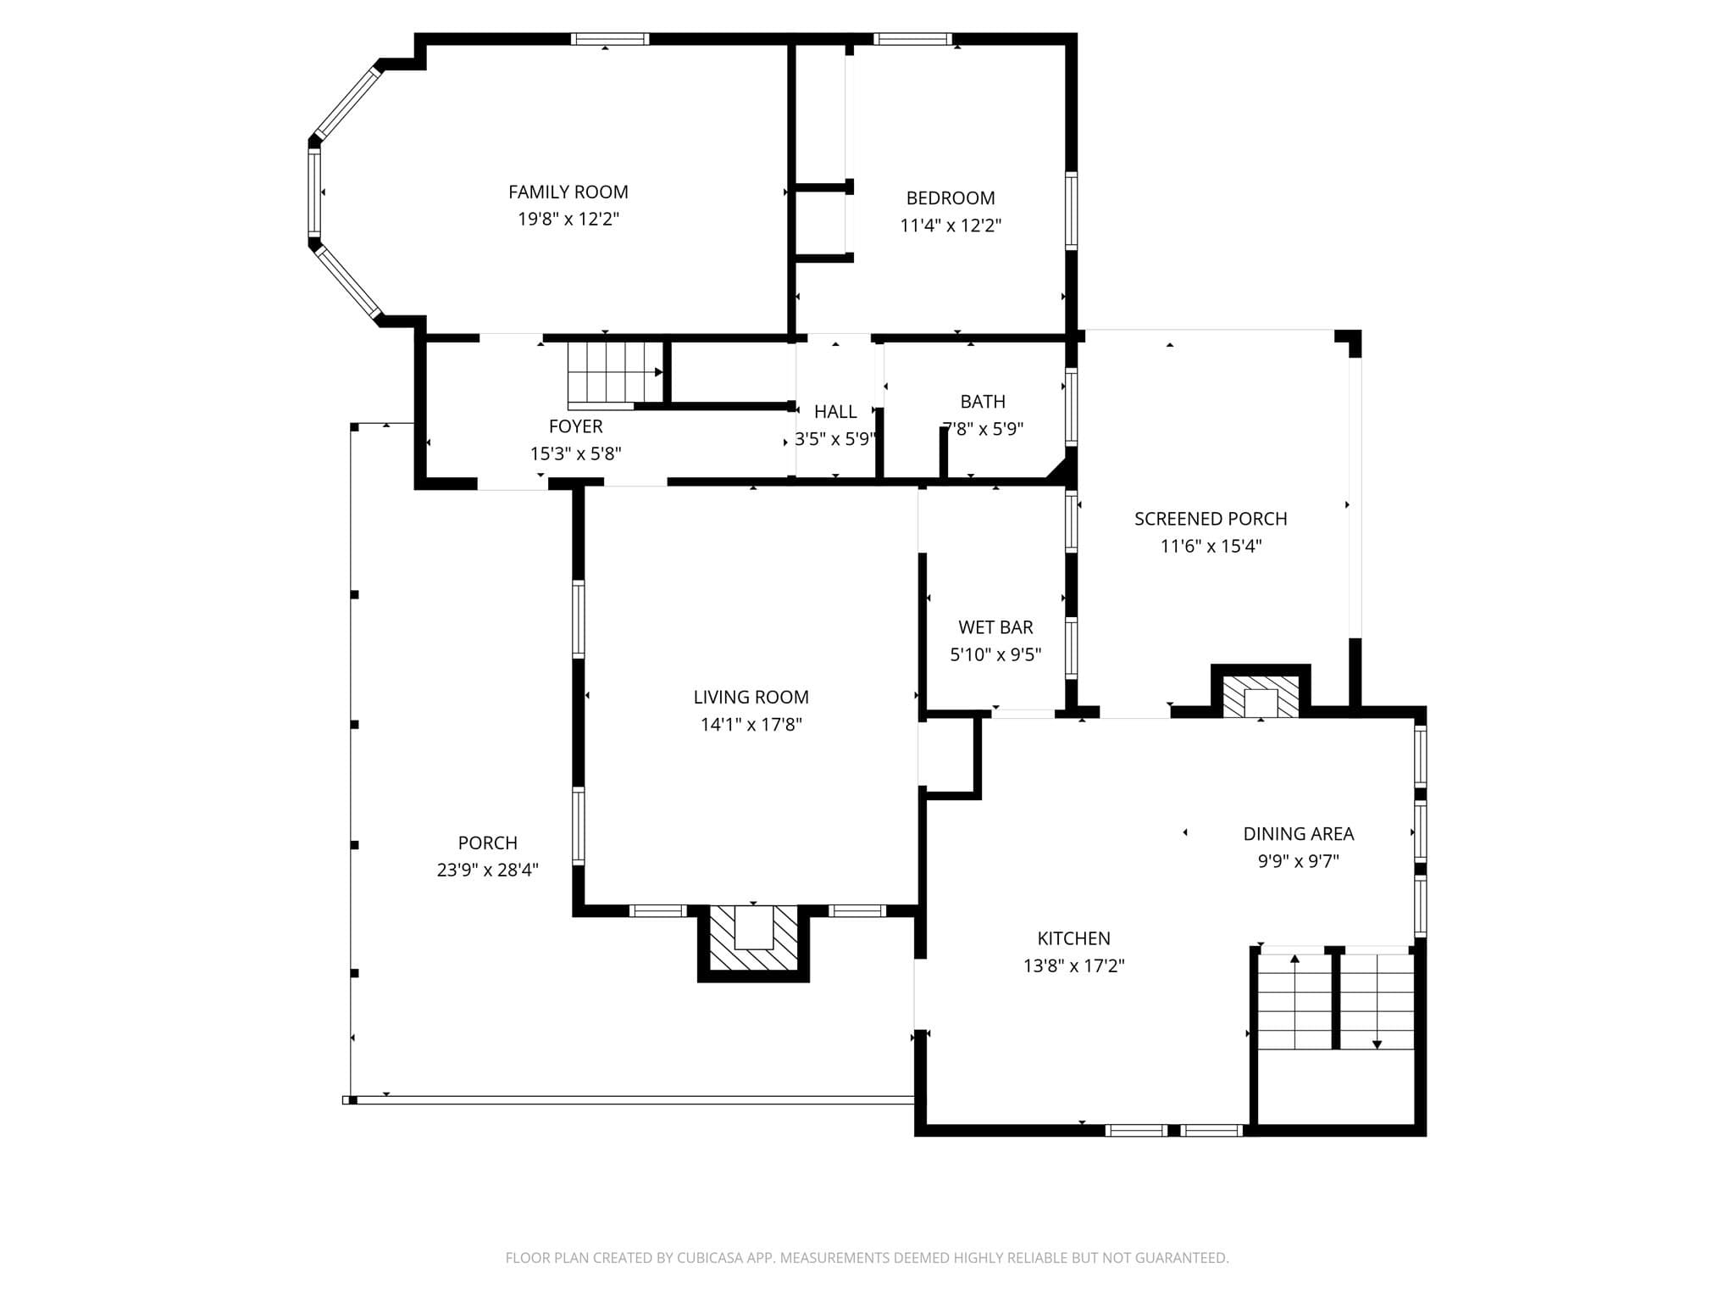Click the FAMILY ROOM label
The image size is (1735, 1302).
pyautogui.click(x=568, y=192)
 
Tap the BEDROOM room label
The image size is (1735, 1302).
pyautogui.click(x=951, y=198)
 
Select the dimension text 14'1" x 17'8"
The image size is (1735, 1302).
pyautogui.click(x=751, y=725)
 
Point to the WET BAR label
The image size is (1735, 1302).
pyautogui.click(x=995, y=627)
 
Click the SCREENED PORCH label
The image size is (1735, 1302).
pyautogui.click(x=1211, y=519)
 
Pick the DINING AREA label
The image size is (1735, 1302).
pyautogui.click(x=1298, y=834)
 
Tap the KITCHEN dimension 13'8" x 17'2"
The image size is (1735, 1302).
pyautogui.click(x=1073, y=965)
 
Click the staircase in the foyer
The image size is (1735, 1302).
pyautogui.click(x=615, y=372)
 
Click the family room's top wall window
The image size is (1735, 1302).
pyautogui.click(x=610, y=39)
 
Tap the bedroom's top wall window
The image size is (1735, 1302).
pyautogui.click(x=912, y=39)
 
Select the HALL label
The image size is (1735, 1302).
pyautogui.click(x=835, y=412)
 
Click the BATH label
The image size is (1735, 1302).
pyautogui.click(x=983, y=402)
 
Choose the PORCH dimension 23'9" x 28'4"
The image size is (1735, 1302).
pyautogui.click(x=487, y=871)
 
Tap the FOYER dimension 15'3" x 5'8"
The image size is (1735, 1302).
pyautogui.click(x=576, y=453)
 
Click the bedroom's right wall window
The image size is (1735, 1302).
pyautogui.click(x=1071, y=211)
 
